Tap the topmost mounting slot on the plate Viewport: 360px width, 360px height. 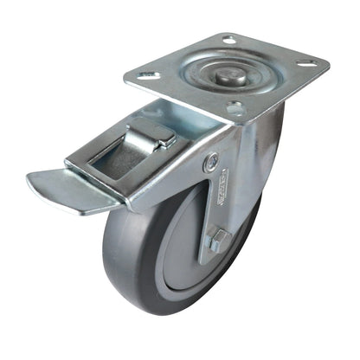click(x=229, y=39)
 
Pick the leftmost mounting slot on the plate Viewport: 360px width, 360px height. click(x=148, y=75)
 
